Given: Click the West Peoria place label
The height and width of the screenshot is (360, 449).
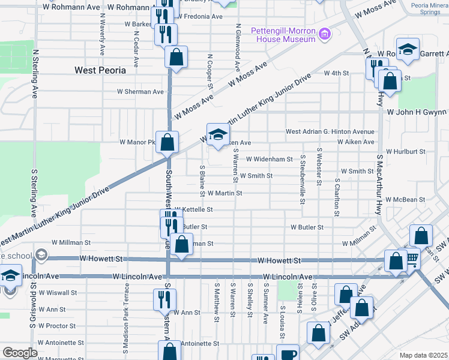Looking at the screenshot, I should coord(100,70).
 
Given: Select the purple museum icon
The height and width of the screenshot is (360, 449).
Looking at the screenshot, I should coord(325,34).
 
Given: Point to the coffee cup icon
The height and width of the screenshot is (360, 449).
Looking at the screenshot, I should coord(288,354).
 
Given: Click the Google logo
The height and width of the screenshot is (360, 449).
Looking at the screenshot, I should coord(20,353).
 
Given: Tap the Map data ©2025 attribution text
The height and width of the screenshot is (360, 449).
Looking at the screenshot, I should coord(423,355).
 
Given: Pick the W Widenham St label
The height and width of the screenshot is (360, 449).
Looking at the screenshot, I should coord(269,160).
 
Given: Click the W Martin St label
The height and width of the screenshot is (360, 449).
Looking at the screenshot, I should coord(224,193).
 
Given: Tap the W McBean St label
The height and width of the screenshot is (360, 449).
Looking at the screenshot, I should coord(405,199).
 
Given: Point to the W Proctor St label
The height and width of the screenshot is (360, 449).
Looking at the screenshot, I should coord(56,326).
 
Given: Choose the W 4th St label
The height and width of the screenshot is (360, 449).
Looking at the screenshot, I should coord(336,73).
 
